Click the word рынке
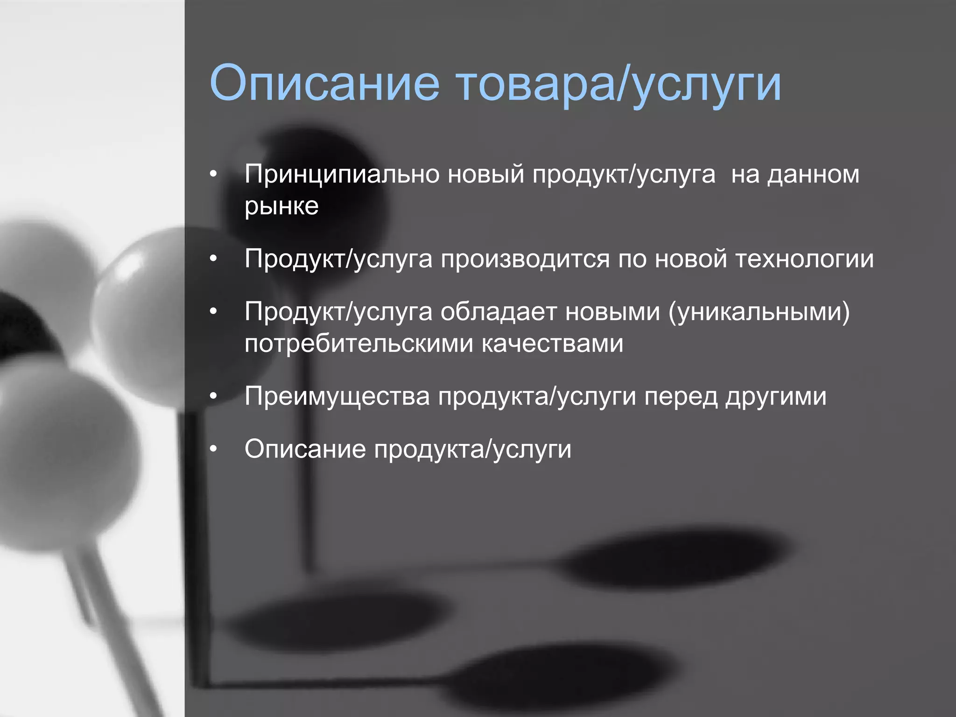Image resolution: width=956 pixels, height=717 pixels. [281, 206]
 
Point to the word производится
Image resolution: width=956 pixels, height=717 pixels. [525, 260]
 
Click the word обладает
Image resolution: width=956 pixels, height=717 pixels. [498, 312]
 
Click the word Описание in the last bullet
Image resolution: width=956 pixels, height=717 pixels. [305, 450]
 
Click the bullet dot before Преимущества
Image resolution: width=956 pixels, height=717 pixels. [214, 396]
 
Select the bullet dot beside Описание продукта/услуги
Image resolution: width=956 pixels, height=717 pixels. [214, 449]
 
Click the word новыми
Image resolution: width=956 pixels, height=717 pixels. [612, 312]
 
